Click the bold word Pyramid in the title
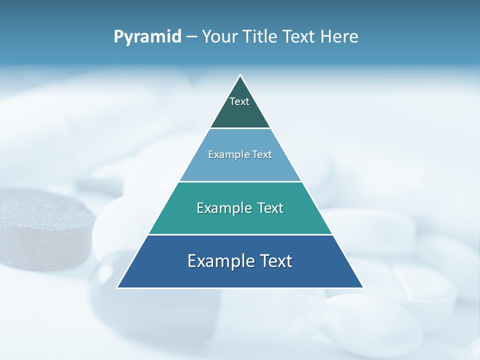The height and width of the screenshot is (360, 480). click(x=147, y=37)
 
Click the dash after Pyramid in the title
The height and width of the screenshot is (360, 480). click(x=191, y=37)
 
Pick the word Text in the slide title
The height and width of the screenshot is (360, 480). click(x=299, y=37)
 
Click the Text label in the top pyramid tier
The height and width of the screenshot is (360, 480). click(x=239, y=101)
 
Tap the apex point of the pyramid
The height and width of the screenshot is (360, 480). click(x=240, y=75)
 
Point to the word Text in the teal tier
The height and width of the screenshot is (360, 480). click(x=270, y=208)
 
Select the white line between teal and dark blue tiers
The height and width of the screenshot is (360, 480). click(x=240, y=234)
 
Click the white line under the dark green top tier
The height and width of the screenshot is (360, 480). click(x=240, y=128)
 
